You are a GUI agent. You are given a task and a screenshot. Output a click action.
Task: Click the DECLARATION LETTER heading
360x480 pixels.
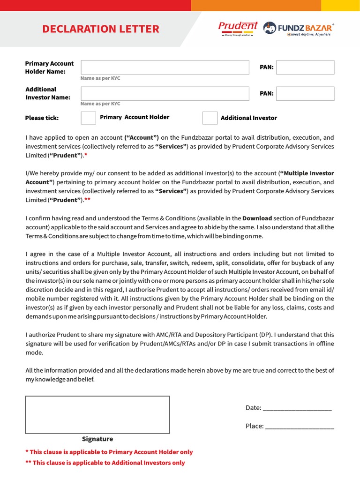coord(101,29)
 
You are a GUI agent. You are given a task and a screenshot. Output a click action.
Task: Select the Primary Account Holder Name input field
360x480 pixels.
coord(165,67)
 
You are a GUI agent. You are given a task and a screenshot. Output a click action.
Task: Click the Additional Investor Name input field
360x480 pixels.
coord(165,93)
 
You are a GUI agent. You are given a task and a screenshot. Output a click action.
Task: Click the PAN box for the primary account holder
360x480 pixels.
coord(305,67)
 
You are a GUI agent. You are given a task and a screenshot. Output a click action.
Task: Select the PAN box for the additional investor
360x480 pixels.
coord(305,93)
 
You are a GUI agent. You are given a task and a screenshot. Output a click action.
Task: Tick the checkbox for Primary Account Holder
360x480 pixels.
coord(88,118)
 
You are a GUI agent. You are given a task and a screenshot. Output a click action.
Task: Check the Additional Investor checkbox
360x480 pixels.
coord(210,118)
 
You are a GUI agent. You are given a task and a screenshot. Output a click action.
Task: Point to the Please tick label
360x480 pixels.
coord(42,118)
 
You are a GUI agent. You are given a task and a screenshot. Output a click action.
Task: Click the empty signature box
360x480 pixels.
coord(97,415)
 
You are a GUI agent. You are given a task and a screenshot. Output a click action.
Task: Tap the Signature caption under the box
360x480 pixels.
coord(97,439)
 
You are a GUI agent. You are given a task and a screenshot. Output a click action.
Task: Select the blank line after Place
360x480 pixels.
coord(299,427)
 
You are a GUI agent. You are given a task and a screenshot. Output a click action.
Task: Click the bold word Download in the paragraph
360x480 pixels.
coord(257,218)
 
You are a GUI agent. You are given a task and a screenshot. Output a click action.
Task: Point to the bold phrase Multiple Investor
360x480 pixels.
coord(307,173)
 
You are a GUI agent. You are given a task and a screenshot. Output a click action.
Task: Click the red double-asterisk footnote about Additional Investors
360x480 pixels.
coord(105,463)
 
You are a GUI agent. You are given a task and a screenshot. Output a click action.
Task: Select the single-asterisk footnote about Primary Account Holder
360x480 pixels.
coord(109,452)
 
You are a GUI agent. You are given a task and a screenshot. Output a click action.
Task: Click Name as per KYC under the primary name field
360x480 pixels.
coord(100,78)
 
